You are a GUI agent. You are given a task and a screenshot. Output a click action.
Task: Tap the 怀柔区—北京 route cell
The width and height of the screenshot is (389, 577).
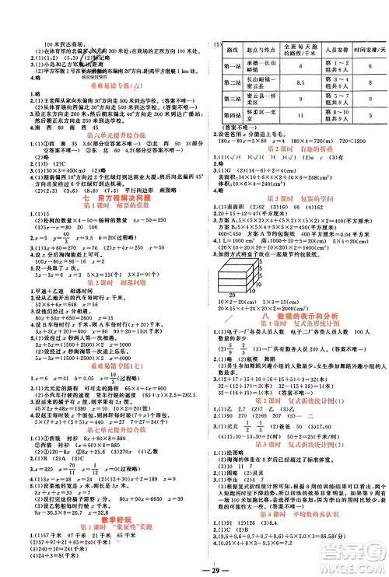pyautogui.click(x=261, y=114)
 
